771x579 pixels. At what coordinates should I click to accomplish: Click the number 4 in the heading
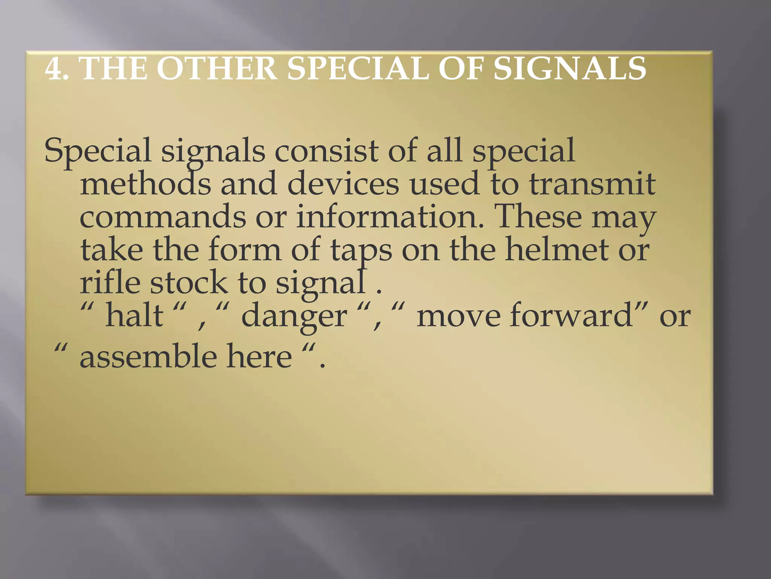click(53, 69)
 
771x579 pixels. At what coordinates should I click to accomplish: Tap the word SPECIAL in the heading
click(358, 69)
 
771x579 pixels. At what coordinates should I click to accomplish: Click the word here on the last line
click(259, 357)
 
